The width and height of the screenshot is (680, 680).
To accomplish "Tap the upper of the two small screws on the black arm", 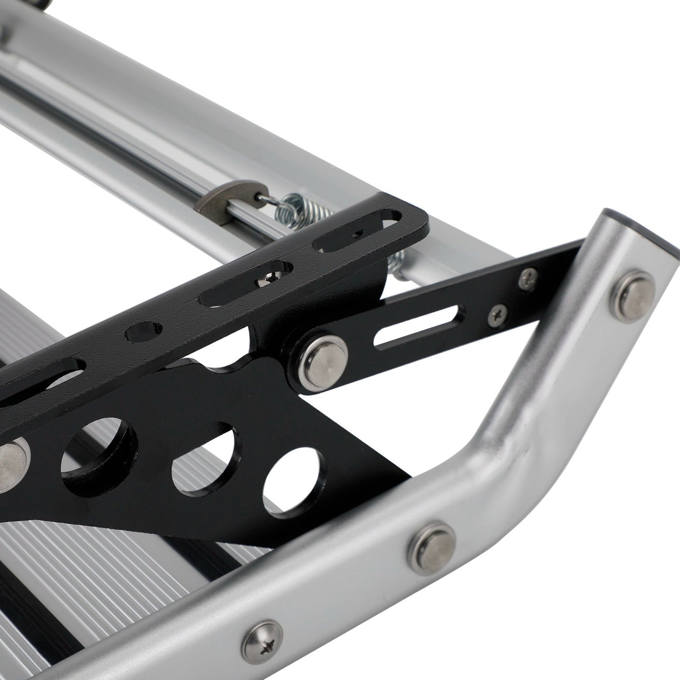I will click(x=528, y=276).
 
